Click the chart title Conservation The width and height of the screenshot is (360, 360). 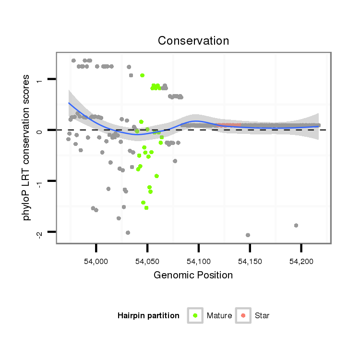pyautogui.click(x=193, y=40)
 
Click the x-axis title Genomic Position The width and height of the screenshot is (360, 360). pyautogui.click(x=193, y=275)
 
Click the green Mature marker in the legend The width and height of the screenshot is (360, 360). pyautogui.click(x=195, y=315)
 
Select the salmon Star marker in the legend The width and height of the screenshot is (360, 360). pyautogui.click(x=243, y=315)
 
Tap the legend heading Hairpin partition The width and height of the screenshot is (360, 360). pyautogui.click(x=148, y=316)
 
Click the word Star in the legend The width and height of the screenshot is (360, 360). pyautogui.click(x=262, y=316)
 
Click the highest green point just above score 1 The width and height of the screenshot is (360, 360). pyautogui.click(x=142, y=75)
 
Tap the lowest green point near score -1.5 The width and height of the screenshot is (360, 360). pyautogui.click(x=146, y=208)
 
